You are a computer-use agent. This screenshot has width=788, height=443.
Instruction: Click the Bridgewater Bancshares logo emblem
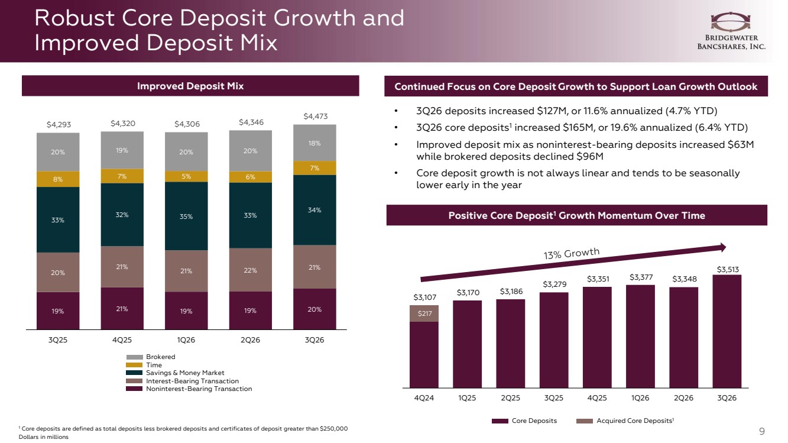point(731,22)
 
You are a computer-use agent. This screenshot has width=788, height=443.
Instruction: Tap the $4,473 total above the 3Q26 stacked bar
point(315,116)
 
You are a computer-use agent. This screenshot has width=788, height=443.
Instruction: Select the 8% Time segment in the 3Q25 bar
point(58,179)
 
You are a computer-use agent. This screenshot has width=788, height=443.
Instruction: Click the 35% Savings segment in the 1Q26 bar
point(186,216)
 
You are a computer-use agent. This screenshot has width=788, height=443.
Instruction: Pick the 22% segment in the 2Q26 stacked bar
point(250,270)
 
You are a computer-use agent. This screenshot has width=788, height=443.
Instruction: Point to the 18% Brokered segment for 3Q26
point(314,143)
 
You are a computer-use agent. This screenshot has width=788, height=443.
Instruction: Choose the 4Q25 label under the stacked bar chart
point(122,340)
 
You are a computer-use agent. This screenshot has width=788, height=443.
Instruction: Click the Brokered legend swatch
point(134,357)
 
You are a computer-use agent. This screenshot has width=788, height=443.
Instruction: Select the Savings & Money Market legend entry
point(175,373)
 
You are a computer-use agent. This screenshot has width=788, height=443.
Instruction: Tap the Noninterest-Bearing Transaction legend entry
point(189,389)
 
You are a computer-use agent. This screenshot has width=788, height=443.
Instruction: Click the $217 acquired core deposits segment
point(424,313)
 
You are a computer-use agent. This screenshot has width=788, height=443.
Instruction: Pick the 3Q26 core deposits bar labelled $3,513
point(727,331)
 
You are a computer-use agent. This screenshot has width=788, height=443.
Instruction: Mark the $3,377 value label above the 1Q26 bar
point(641,277)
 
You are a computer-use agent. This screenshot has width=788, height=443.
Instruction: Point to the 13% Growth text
point(571,253)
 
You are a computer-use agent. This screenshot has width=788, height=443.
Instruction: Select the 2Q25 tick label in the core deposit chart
point(510,398)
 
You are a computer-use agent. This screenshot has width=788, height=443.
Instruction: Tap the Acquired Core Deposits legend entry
point(625,421)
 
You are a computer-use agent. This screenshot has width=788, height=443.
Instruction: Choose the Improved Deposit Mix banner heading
point(190,86)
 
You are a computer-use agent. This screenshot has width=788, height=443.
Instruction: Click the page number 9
point(762,431)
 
